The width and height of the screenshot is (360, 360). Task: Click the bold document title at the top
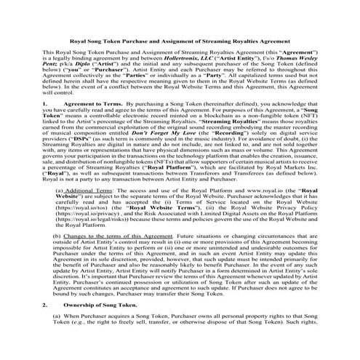pos(180,41)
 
